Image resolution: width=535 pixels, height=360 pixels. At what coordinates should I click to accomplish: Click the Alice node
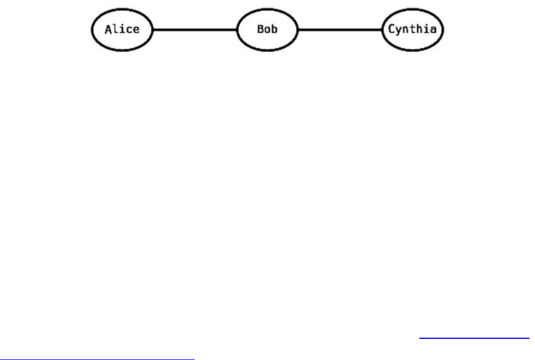(122, 29)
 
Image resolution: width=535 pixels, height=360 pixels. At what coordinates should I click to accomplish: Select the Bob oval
(267, 29)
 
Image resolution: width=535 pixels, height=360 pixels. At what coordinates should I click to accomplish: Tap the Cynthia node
(412, 29)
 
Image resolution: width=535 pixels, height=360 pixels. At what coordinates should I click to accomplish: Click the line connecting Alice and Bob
(195, 29)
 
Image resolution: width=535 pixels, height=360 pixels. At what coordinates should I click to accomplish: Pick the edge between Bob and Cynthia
(340, 29)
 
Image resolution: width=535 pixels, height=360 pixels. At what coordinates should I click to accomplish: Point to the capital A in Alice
(108, 29)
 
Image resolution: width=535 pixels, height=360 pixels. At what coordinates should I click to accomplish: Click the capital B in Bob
(260, 29)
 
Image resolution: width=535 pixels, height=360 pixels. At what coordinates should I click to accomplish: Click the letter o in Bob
(267, 30)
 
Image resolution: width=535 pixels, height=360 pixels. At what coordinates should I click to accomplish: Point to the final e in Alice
(136, 30)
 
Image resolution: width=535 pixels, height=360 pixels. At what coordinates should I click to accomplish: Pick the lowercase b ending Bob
(274, 29)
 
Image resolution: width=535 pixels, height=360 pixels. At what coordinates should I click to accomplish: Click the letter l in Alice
(115, 29)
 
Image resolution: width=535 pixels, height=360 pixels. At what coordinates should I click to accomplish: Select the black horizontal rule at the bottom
(98, 359)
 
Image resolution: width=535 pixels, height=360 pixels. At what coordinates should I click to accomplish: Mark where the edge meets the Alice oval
(154, 29)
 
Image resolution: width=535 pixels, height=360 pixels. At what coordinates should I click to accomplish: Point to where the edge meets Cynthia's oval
(382, 29)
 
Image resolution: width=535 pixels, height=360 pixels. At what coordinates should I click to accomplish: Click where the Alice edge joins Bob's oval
(236, 29)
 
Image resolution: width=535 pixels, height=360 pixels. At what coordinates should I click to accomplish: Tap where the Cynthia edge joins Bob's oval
(299, 29)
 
